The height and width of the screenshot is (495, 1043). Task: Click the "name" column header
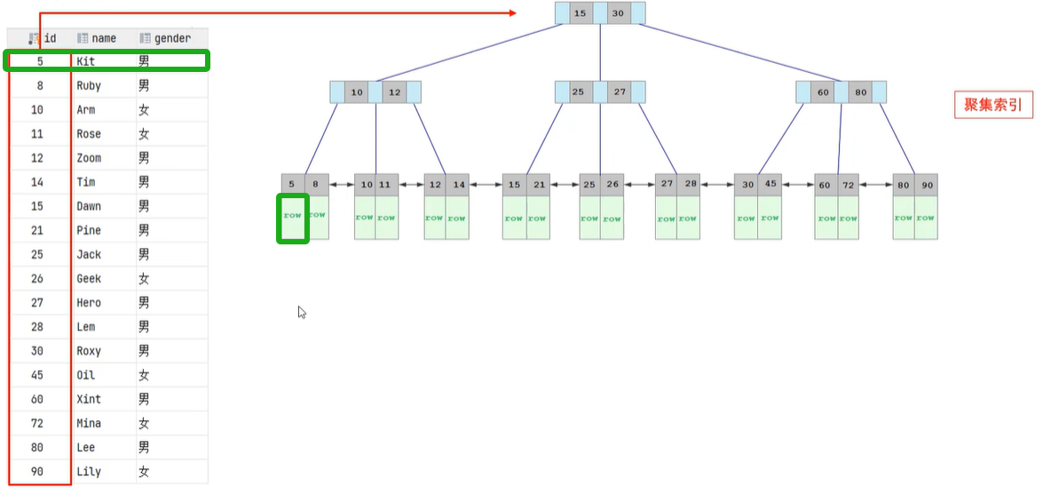click(x=104, y=38)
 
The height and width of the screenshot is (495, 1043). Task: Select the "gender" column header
click(x=171, y=38)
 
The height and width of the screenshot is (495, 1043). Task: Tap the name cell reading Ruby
click(x=89, y=85)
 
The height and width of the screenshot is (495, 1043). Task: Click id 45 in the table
click(x=36, y=375)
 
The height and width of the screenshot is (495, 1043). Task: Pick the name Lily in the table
click(x=89, y=471)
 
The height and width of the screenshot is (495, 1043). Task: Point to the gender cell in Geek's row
click(x=144, y=278)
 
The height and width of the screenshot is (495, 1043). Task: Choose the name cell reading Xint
click(x=89, y=399)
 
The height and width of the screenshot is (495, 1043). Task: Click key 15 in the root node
click(x=581, y=13)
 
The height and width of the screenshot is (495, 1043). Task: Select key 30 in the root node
click(x=619, y=13)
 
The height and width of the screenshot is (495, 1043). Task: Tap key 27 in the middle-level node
click(x=619, y=92)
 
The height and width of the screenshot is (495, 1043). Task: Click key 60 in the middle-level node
click(x=822, y=92)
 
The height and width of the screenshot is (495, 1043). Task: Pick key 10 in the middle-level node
click(x=357, y=92)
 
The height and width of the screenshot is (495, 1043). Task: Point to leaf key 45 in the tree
click(x=770, y=185)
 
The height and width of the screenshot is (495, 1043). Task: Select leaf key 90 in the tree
click(x=927, y=185)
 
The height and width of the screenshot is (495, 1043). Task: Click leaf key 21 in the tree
click(x=538, y=185)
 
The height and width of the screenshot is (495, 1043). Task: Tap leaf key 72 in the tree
click(x=849, y=185)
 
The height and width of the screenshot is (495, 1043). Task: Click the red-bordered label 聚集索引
click(x=993, y=105)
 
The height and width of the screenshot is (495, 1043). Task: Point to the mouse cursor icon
click(x=302, y=312)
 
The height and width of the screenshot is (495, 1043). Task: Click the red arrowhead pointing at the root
click(x=512, y=12)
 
